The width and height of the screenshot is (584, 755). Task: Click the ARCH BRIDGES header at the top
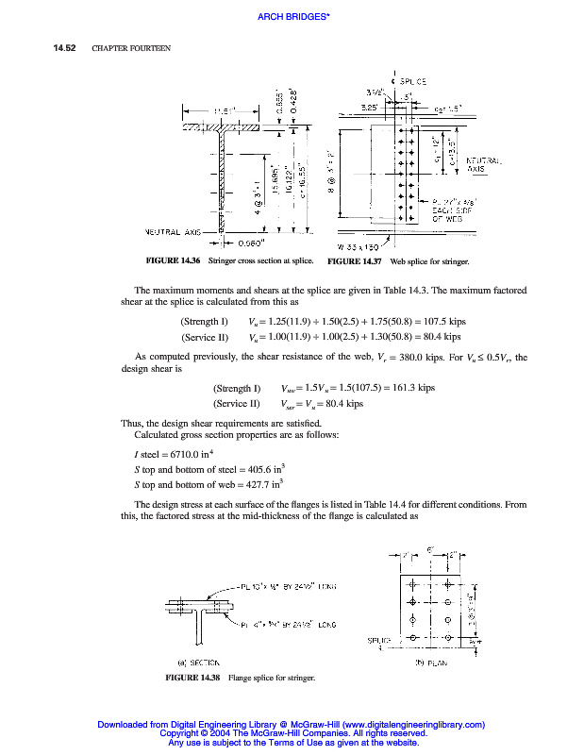292,16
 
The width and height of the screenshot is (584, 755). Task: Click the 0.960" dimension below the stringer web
246,242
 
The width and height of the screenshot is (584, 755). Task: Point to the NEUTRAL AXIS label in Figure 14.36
177,229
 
